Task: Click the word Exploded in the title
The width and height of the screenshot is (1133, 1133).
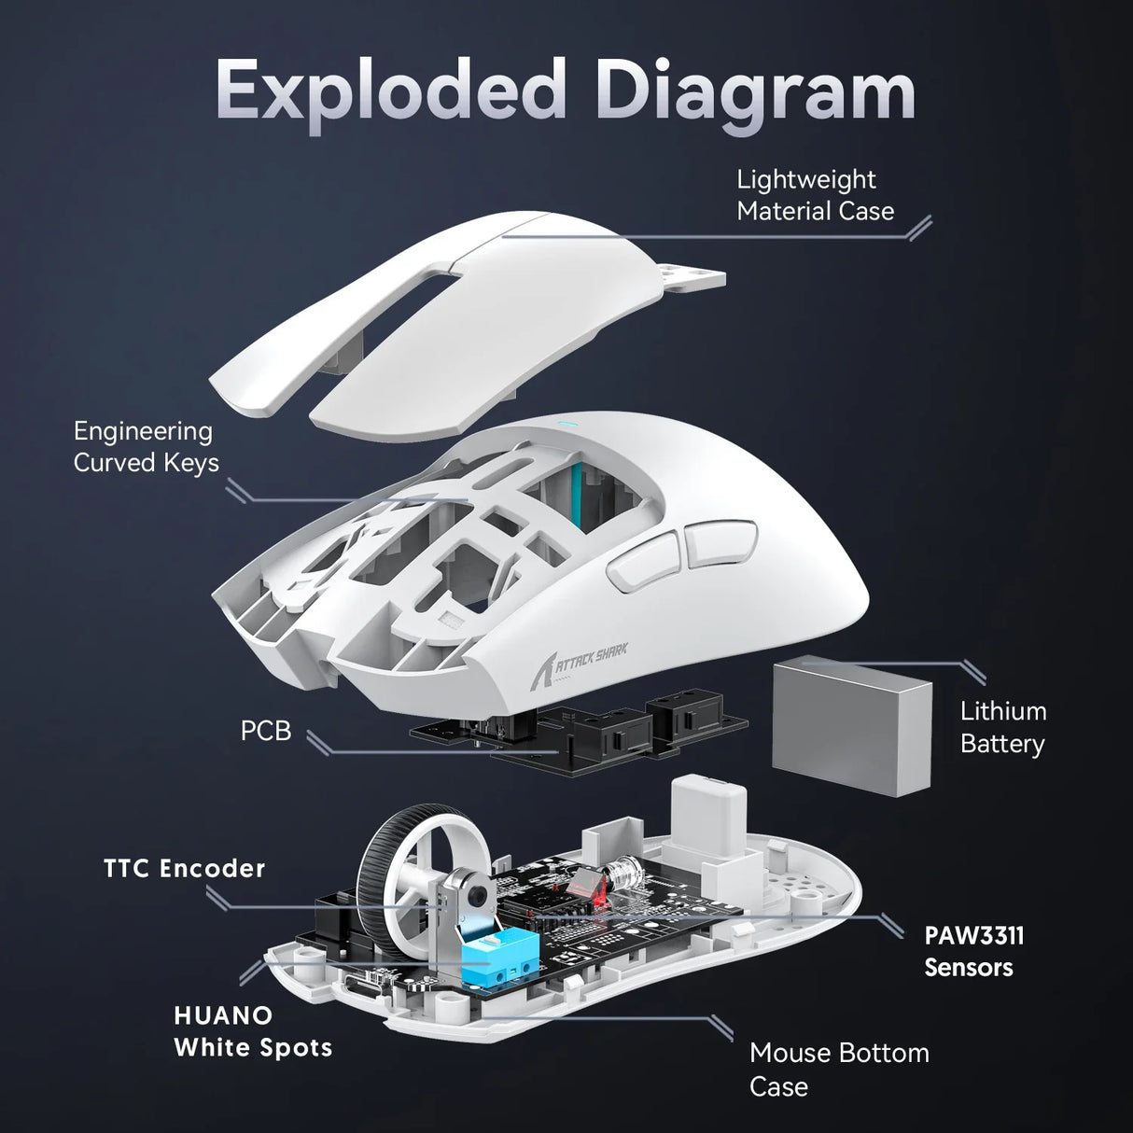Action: coord(391,91)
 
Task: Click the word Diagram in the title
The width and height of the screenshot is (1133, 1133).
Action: coord(755,91)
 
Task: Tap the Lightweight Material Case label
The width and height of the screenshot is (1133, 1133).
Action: coord(814,195)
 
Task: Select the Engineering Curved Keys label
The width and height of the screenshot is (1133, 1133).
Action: coord(146,447)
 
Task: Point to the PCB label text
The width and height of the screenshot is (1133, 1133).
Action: coord(266,731)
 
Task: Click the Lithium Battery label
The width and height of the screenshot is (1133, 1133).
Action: coord(1002,727)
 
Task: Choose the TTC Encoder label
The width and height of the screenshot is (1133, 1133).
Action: coord(185,869)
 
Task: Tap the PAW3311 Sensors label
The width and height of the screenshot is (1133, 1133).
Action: coord(973,951)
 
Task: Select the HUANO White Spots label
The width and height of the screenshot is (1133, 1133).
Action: coord(253,1031)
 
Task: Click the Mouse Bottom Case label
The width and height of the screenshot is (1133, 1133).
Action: coord(838,1070)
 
